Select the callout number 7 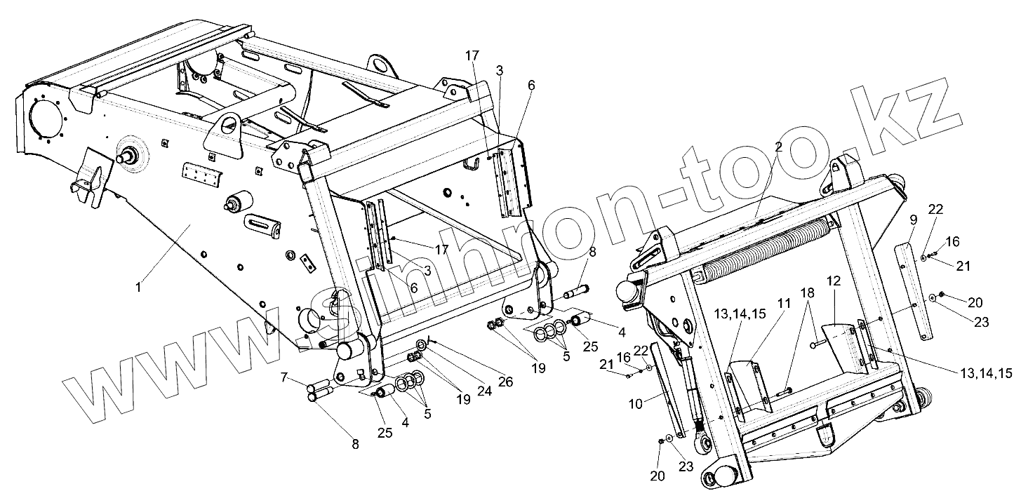click(x=284, y=378)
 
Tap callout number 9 click(x=913, y=220)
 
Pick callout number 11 click(x=783, y=303)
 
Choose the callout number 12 click(x=833, y=281)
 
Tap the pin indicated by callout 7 click(x=320, y=385)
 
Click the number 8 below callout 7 click(x=354, y=443)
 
